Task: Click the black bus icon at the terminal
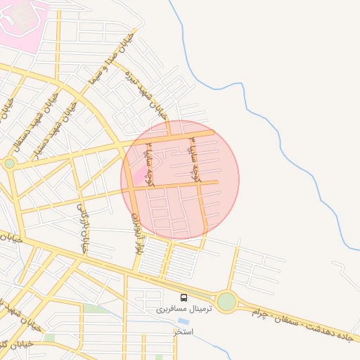(x=184, y=297)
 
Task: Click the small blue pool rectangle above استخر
(x=184, y=321)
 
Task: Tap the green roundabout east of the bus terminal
(x=226, y=302)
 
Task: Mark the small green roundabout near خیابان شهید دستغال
(x=9, y=163)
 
